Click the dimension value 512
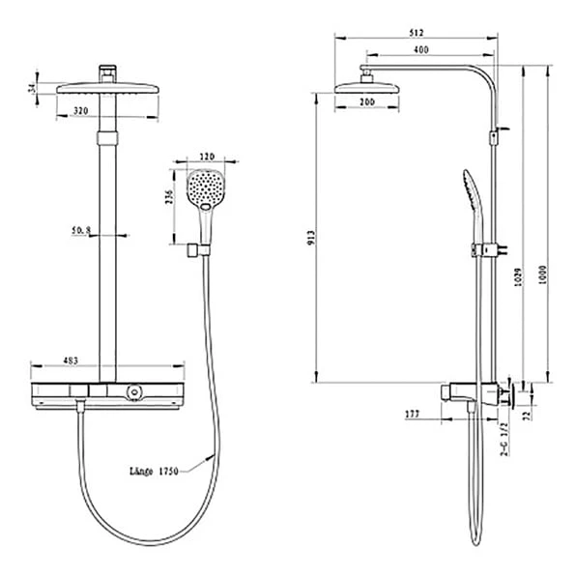click(417, 32)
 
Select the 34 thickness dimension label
click(32, 88)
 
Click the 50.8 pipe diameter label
click(81, 230)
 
